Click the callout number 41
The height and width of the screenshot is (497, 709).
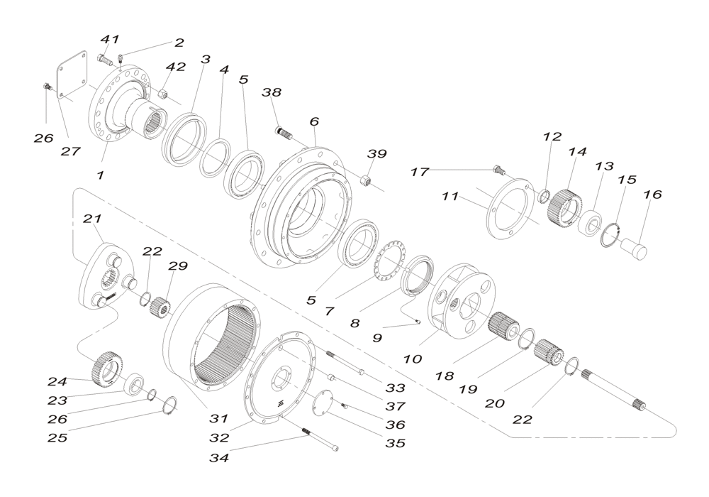pyautogui.click(x=109, y=40)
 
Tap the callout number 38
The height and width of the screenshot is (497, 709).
pyautogui.click(x=272, y=93)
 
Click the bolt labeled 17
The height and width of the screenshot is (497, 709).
pyautogui.click(x=499, y=169)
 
